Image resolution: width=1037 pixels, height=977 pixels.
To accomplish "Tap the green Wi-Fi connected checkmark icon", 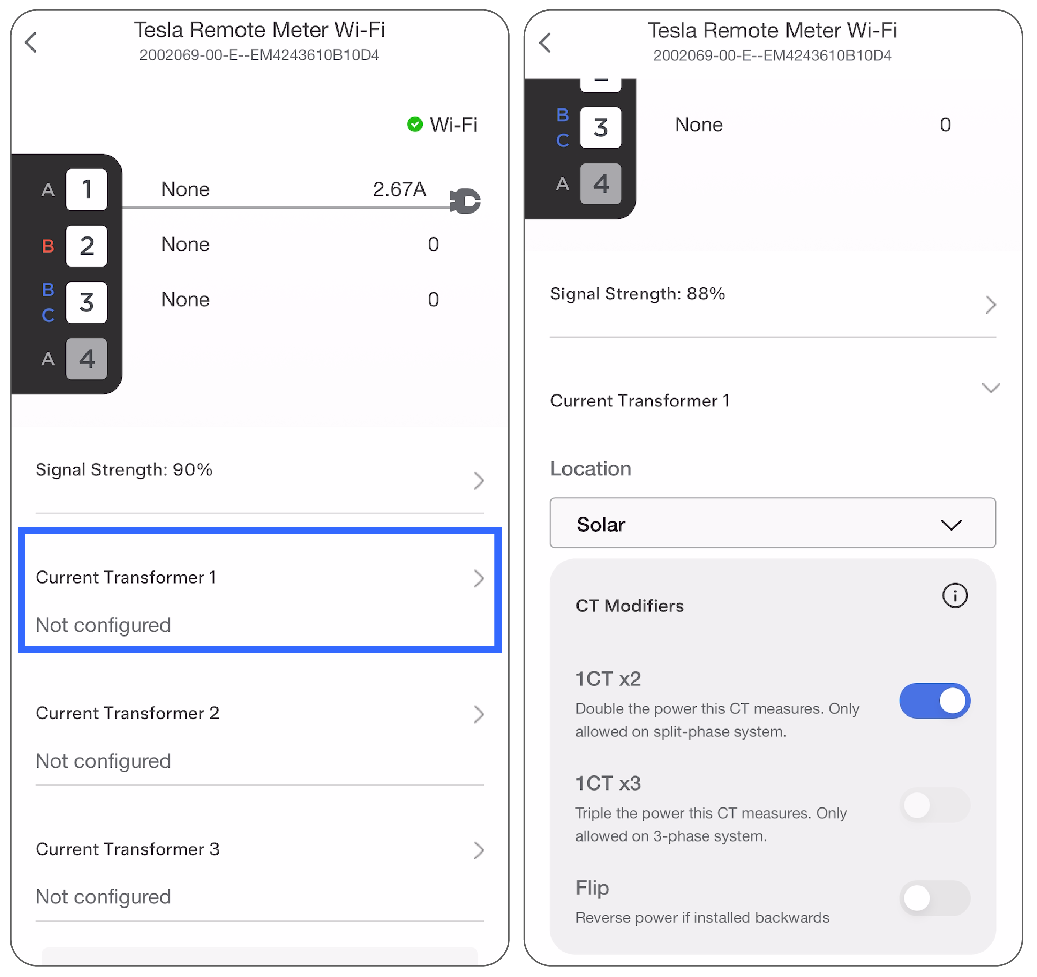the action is (415, 124).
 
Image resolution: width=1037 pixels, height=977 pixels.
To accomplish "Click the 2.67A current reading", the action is (399, 189).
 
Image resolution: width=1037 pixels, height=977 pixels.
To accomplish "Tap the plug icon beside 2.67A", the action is (464, 201).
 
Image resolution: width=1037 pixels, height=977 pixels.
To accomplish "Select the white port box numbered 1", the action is (87, 189).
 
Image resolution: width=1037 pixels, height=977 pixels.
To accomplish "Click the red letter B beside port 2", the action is (48, 246).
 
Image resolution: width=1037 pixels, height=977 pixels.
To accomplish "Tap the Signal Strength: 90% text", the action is (123, 469).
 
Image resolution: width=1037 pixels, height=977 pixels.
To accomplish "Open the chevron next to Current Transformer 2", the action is (479, 714).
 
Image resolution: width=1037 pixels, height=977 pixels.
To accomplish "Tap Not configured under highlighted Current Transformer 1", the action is (103, 625).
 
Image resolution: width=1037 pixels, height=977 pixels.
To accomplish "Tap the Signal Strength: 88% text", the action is (637, 294).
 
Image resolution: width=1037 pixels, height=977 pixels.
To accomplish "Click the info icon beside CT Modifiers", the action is (955, 595).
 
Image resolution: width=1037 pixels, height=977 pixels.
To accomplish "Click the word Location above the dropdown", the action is (591, 468).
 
